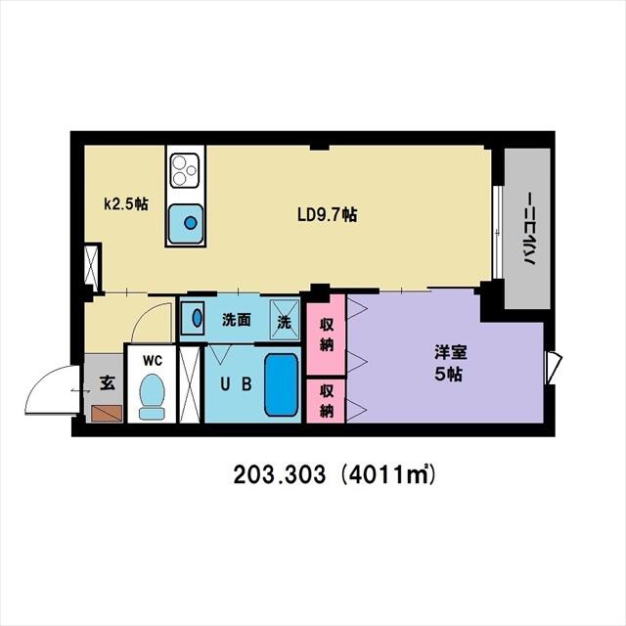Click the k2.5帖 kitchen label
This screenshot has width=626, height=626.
click(127, 204)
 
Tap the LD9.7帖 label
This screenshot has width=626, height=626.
click(327, 215)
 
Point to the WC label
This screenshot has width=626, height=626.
click(152, 360)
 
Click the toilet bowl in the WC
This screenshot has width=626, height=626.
click(152, 396)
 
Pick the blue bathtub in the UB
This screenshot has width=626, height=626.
click(281, 384)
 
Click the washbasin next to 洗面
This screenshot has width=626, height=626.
click(194, 318)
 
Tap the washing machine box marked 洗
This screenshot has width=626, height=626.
click(284, 319)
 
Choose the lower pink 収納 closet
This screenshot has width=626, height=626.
click(326, 400)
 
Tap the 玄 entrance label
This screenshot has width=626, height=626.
click(105, 382)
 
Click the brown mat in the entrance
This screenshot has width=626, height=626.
click(105, 412)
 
